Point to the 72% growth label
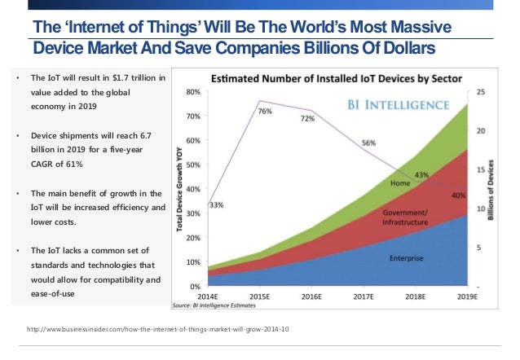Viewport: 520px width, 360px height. [x=308, y=119]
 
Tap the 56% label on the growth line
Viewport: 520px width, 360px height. [x=368, y=143]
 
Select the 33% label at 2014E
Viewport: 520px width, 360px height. [x=217, y=205]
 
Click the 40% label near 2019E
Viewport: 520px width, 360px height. [x=457, y=195]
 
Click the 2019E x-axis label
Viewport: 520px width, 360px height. [x=465, y=297]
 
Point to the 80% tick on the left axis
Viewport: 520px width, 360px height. [x=194, y=92]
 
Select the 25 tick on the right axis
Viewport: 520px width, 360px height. [x=481, y=92]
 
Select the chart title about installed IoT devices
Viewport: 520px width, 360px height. [x=337, y=80]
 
